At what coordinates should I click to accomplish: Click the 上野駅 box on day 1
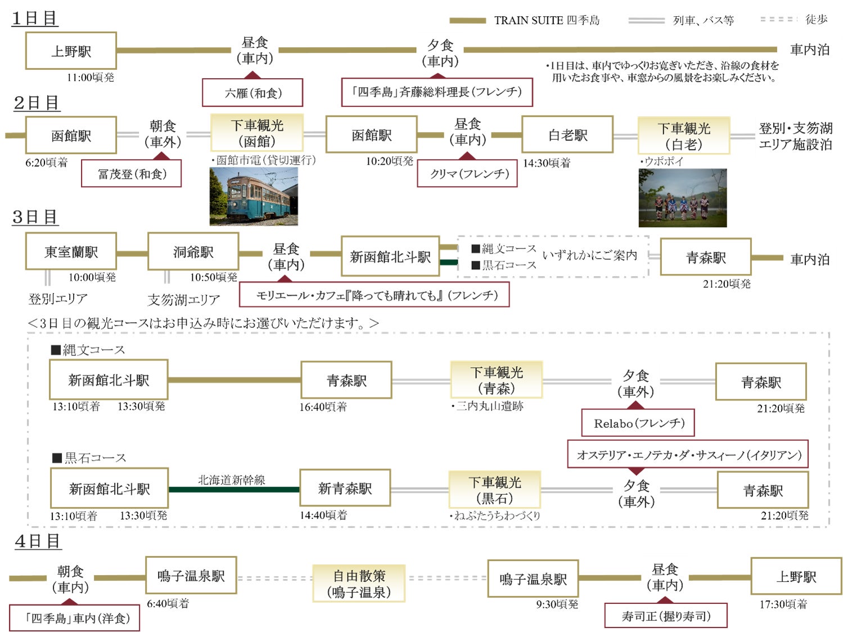pos(71,51)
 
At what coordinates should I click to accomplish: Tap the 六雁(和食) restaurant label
pos(253,93)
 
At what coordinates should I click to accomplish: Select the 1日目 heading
pos(35,18)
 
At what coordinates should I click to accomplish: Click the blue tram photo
pos(254,196)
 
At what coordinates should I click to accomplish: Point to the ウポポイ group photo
pos(682,198)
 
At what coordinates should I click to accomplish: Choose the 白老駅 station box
pos(567,135)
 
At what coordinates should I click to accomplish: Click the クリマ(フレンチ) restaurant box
pos(467,174)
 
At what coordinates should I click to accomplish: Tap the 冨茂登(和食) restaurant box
pos(132,174)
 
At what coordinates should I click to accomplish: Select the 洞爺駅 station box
pos(193,252)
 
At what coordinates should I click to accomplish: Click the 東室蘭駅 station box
pos(71,252)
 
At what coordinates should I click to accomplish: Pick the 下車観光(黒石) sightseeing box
pos(494,490)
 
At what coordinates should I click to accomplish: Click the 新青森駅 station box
pos(345,489)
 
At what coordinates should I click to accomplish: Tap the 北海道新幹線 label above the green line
pos(231,480)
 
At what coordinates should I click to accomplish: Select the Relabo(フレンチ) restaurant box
pos(638,423)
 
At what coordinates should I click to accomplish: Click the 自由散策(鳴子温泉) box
pos(359,584)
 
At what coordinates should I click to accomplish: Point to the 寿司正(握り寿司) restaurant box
pos(666,616)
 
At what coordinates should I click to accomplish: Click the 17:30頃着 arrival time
pos(783,604)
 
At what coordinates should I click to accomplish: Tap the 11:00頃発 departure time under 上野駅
pos(90,77)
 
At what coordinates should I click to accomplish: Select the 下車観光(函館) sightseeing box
pos(257,133)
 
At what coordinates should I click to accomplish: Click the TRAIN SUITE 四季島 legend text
pos(547,20)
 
